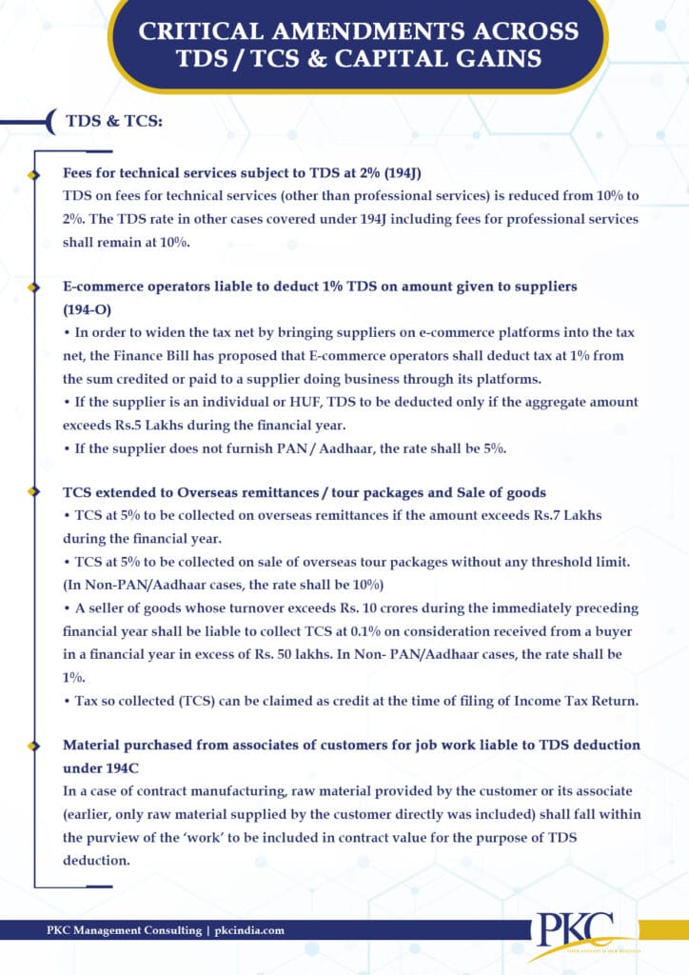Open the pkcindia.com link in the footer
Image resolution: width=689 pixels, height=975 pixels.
[249, 930]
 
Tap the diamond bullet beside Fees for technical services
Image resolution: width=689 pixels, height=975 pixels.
[35, 176]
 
